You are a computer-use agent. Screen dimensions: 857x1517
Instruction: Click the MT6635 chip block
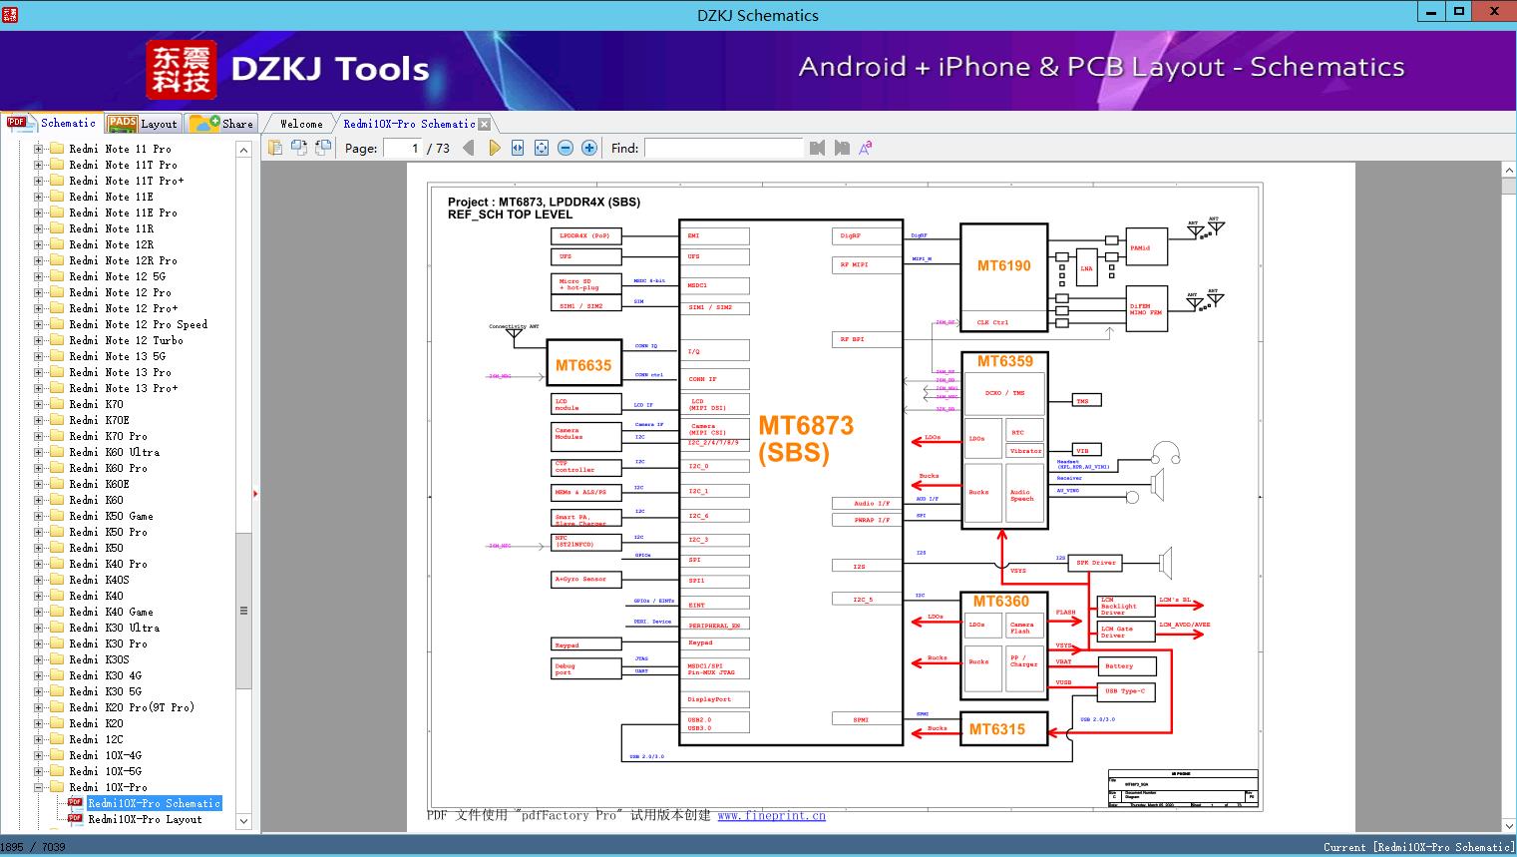click(582, 365)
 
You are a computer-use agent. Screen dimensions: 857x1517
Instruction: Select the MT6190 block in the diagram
click(1003, 266)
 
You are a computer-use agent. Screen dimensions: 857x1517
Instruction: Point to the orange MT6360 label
click(1000, 602)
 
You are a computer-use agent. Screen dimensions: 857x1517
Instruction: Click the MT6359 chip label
click(1004, 361)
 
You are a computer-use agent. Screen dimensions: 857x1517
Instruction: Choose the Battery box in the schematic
click(1126, 665)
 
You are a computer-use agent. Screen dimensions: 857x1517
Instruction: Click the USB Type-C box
click(1126, 691)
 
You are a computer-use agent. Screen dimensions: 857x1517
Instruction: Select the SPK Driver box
click(1096, 563)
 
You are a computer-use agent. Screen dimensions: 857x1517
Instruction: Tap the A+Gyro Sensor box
click(585, 579)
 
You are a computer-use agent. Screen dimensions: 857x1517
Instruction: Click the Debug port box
click(585, 668)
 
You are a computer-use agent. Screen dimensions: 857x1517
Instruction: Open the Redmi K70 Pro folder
click(126, 436)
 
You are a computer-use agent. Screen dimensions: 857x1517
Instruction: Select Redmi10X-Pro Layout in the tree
click(145, 819)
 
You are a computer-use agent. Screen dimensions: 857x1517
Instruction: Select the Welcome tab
click(301, 124)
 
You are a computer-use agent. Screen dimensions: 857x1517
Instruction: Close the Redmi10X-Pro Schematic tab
click(485, 124)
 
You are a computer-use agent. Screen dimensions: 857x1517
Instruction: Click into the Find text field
click(723, 148)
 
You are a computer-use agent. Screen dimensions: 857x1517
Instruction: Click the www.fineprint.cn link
click(771, 815)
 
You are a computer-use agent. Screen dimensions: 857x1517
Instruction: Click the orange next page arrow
click(494, 148)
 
